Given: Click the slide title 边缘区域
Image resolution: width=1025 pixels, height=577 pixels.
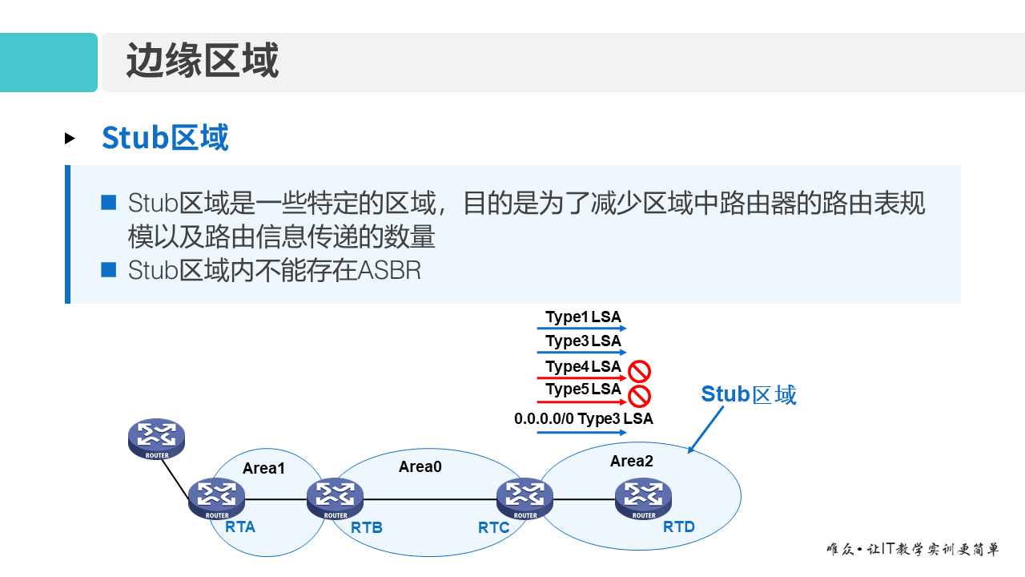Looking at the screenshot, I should (x=202, y=62).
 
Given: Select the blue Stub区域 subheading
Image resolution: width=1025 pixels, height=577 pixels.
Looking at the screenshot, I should (x=165, y=138).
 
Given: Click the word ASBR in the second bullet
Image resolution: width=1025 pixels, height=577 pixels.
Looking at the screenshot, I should (x=389, y=271).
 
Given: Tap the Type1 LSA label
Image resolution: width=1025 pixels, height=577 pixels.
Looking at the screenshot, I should (x=583, y=317).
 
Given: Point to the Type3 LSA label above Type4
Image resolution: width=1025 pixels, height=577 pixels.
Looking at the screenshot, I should (x=583, y=341).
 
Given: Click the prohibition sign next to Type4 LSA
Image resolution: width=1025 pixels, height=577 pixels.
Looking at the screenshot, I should (x=639, y=371).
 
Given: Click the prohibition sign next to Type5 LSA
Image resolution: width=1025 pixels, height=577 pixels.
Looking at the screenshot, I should (x=639, y=395).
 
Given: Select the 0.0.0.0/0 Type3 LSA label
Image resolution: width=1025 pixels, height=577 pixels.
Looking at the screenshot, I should (x=583, y=418).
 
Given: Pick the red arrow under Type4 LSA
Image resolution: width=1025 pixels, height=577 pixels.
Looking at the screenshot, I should (x=581, y=377).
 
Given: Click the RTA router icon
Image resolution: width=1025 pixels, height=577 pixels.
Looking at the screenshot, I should (x=216, y=498).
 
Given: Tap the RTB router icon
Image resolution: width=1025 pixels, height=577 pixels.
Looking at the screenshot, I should (x=335, y=498).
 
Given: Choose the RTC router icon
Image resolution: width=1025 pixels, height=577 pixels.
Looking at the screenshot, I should (x=525, y=498).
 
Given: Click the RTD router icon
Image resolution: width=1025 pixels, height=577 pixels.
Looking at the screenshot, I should (x=643, y=498).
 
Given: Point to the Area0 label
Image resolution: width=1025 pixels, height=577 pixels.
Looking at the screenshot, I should (x=420, y=466).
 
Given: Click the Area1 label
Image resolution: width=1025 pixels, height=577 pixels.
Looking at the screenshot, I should (x=263, y=468).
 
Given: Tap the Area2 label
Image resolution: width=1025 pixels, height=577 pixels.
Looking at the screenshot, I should (x=632, y=461).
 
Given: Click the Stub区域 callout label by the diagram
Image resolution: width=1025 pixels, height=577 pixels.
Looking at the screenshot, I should (x=749, y=394).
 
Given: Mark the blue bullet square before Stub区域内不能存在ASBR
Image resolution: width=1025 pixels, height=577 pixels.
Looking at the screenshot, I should (x=109, y=270).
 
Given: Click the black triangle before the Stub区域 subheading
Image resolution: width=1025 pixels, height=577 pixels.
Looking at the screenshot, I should (x=70, y=139).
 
